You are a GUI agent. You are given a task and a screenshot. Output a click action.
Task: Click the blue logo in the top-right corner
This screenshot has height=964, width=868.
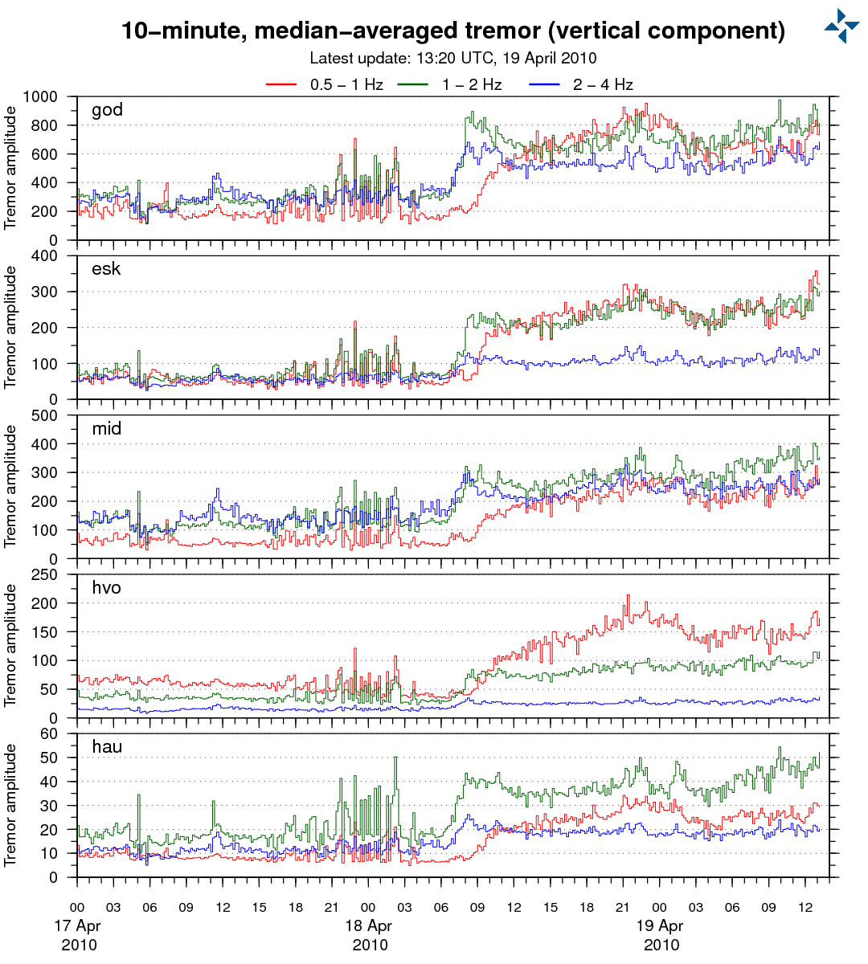pos(841,26)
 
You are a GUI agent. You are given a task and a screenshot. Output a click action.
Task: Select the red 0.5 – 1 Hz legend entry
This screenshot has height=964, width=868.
pos(325,84)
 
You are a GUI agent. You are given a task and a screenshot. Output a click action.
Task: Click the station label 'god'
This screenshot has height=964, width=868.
pos(107,110)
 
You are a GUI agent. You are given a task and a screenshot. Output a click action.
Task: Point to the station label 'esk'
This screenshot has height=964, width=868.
pos(106,269)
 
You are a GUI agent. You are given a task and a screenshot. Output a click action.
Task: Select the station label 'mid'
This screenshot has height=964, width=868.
pos(107,428)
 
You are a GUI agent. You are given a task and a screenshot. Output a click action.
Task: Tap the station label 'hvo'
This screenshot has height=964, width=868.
pos(107,587)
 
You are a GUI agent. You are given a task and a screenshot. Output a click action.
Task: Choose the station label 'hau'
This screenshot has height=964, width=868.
pos(107,747)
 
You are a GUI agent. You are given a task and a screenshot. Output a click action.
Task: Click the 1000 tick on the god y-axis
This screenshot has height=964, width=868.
pos(40,97)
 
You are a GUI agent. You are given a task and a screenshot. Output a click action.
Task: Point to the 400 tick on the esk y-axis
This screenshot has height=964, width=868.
pos(46,256)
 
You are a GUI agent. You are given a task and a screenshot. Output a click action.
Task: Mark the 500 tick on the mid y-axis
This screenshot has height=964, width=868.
pos(46,415)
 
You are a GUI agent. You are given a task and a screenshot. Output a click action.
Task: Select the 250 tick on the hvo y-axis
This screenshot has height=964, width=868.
pos(46,574)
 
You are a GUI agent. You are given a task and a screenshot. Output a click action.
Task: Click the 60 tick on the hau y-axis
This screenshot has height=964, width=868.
pos(50,733)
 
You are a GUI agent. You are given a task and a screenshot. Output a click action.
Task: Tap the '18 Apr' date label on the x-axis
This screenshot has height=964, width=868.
pos(369,925)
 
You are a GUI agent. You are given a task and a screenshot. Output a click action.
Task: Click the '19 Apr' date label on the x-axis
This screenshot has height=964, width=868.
pos(660,925)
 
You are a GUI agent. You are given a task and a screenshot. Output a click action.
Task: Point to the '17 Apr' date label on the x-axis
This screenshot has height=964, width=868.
pos(78,925)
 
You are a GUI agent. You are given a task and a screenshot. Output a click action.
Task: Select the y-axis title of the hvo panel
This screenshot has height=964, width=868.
pos(10,646)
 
